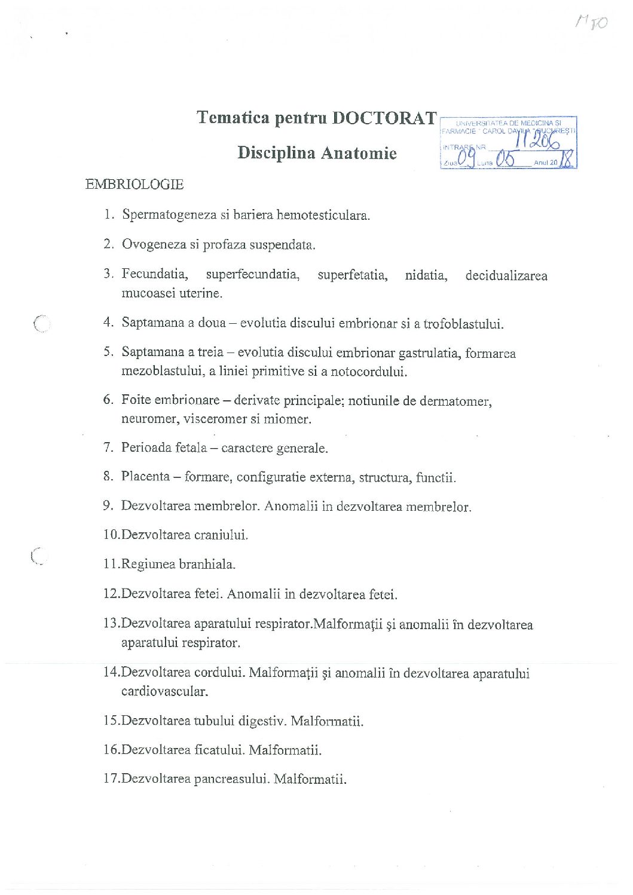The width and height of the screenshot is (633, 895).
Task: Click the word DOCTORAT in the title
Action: (384, 118)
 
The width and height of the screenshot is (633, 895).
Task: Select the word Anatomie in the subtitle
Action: (359, 153)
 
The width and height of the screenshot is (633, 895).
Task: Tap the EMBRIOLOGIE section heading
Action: (134, 185)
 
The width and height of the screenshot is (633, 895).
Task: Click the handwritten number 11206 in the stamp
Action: (537, 141)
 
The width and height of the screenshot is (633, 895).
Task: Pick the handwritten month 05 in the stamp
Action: (505, 161)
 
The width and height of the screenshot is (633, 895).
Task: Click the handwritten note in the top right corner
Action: (592, 23)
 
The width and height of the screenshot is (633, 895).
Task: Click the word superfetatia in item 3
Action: (352, 275)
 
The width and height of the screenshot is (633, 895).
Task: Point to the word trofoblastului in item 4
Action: (463, 324)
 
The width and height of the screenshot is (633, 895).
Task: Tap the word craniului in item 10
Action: (221, 535)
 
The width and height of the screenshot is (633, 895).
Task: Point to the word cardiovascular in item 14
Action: (164, 692)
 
